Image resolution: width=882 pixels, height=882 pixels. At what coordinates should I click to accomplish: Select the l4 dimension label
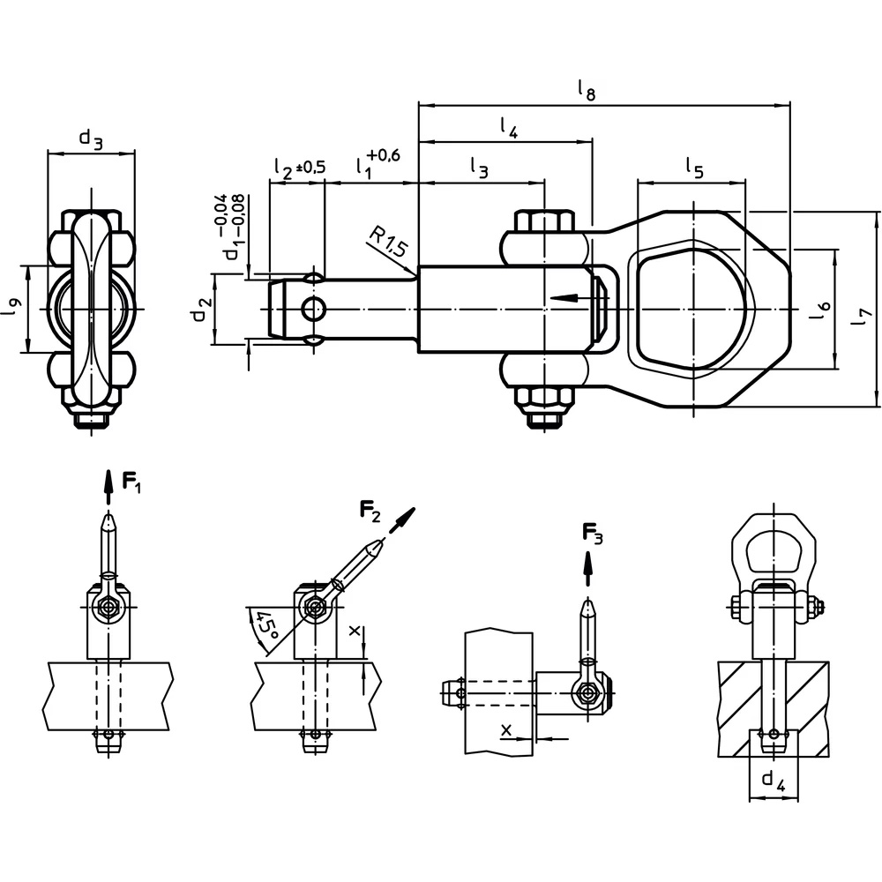pos(508,128)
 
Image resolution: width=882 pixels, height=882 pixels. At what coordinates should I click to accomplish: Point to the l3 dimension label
pos(478,168)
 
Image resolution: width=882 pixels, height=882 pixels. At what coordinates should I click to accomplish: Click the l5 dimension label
pos(694,168)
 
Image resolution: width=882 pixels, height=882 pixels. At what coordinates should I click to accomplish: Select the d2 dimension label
pos(204,310)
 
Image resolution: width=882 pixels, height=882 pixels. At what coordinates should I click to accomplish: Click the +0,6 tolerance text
pos(385,155)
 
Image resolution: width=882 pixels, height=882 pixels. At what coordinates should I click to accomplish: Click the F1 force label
pos(131,482)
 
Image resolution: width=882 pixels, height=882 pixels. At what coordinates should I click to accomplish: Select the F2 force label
pos(370,509)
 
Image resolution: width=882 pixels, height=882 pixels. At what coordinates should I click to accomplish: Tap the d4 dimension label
pos(774,779)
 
